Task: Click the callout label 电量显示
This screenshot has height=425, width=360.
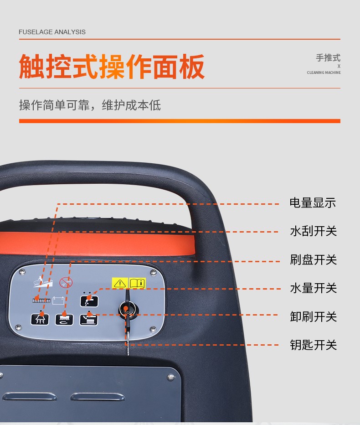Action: (313, 203)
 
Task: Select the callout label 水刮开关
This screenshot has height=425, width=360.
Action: (313, 231)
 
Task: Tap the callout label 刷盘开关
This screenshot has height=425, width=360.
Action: (313, 259)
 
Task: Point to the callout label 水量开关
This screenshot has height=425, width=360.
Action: (313, 288)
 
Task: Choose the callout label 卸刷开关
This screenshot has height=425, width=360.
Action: (313, 316)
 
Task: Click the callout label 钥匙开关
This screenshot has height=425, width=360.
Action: (313, 345)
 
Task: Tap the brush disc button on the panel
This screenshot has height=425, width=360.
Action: (64, 319)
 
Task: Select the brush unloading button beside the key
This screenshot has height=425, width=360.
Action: (88, 320)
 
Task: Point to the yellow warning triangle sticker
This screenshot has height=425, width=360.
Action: (120, 283)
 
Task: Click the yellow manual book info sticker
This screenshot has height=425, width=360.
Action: (137, 283)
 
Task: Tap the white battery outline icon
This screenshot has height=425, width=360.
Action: (58, 301)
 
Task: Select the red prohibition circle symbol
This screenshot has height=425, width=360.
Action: (66, 282)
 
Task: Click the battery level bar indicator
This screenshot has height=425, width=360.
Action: (41, 301)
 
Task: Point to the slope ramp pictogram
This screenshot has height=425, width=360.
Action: (42, 281)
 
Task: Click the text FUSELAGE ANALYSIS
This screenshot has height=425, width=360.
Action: (52, 32)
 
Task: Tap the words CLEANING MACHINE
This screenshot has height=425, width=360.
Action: (324, 73)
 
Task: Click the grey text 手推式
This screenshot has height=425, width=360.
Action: (328, 58)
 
